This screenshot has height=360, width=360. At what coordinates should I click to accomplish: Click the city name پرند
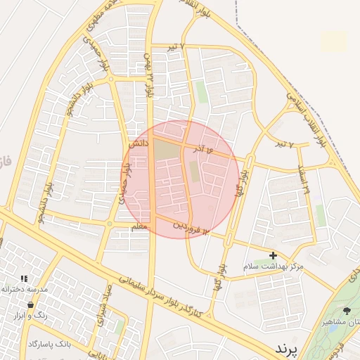tap(286, 348)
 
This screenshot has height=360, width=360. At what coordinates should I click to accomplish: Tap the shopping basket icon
tap(30, 304)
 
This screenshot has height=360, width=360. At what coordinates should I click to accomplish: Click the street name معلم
tap(139, 226)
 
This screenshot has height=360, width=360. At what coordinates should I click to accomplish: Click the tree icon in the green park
tap(346, 310)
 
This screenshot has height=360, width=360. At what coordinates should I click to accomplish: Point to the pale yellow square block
tap(334, 41)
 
